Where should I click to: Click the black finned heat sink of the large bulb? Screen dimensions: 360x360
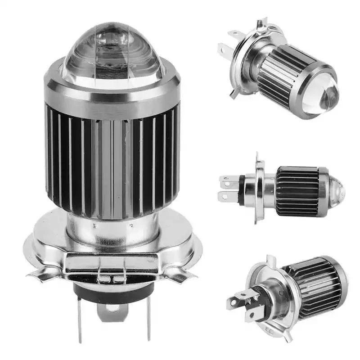click(112, 162)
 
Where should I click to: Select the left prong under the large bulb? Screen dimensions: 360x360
click(80, 317)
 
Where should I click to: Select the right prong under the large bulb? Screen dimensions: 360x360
click(148, 317)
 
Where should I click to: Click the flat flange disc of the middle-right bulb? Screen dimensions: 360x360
click(259, 189)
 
